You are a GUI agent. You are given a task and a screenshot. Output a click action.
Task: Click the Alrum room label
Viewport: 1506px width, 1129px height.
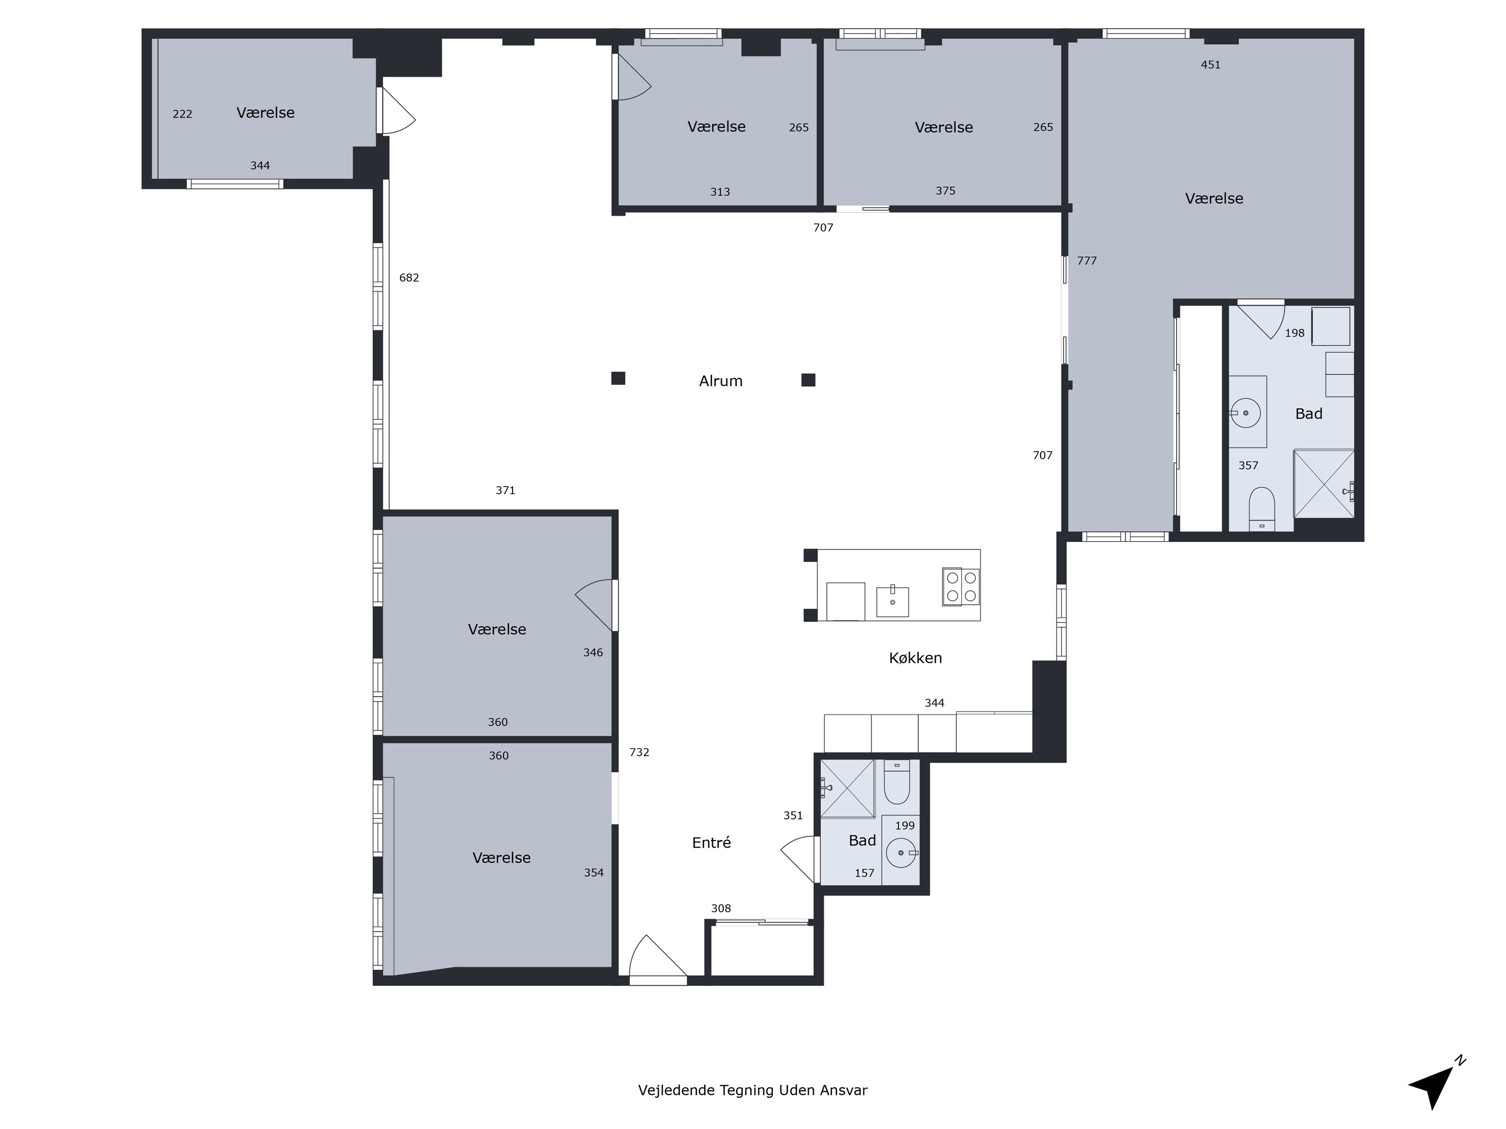(720, 381)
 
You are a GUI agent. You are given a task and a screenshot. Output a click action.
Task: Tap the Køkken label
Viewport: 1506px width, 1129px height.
(915, 657)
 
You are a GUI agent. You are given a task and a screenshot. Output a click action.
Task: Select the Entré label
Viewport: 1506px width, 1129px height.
(711, 842)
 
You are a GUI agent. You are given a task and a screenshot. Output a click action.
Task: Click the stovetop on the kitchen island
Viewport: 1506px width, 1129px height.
(961, 587)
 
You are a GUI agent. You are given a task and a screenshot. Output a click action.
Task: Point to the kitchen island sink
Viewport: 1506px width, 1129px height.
(892, 601)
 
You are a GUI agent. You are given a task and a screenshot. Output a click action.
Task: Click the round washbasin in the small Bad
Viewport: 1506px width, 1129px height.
(902, 852)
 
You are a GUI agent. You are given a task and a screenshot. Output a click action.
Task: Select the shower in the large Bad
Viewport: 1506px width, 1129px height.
(1324, 484)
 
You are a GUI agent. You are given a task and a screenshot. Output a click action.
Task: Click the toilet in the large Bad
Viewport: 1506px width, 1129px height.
(1262, 508)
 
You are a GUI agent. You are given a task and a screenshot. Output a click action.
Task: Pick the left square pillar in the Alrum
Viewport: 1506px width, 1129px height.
(618, 378)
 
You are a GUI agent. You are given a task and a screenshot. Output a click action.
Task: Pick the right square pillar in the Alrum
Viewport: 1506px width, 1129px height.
(808, 380)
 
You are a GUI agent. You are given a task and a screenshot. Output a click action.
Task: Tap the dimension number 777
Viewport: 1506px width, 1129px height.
(1087, 260)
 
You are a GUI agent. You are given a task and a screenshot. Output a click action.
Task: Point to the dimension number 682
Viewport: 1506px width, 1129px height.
(409, 277)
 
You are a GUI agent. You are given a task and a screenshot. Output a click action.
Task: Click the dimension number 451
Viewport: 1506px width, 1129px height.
(1210, 65)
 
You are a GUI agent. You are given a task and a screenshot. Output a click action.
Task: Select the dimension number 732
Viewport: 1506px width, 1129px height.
(640, 752)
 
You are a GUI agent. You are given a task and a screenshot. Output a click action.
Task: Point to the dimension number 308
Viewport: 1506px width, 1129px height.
(721, 909)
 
